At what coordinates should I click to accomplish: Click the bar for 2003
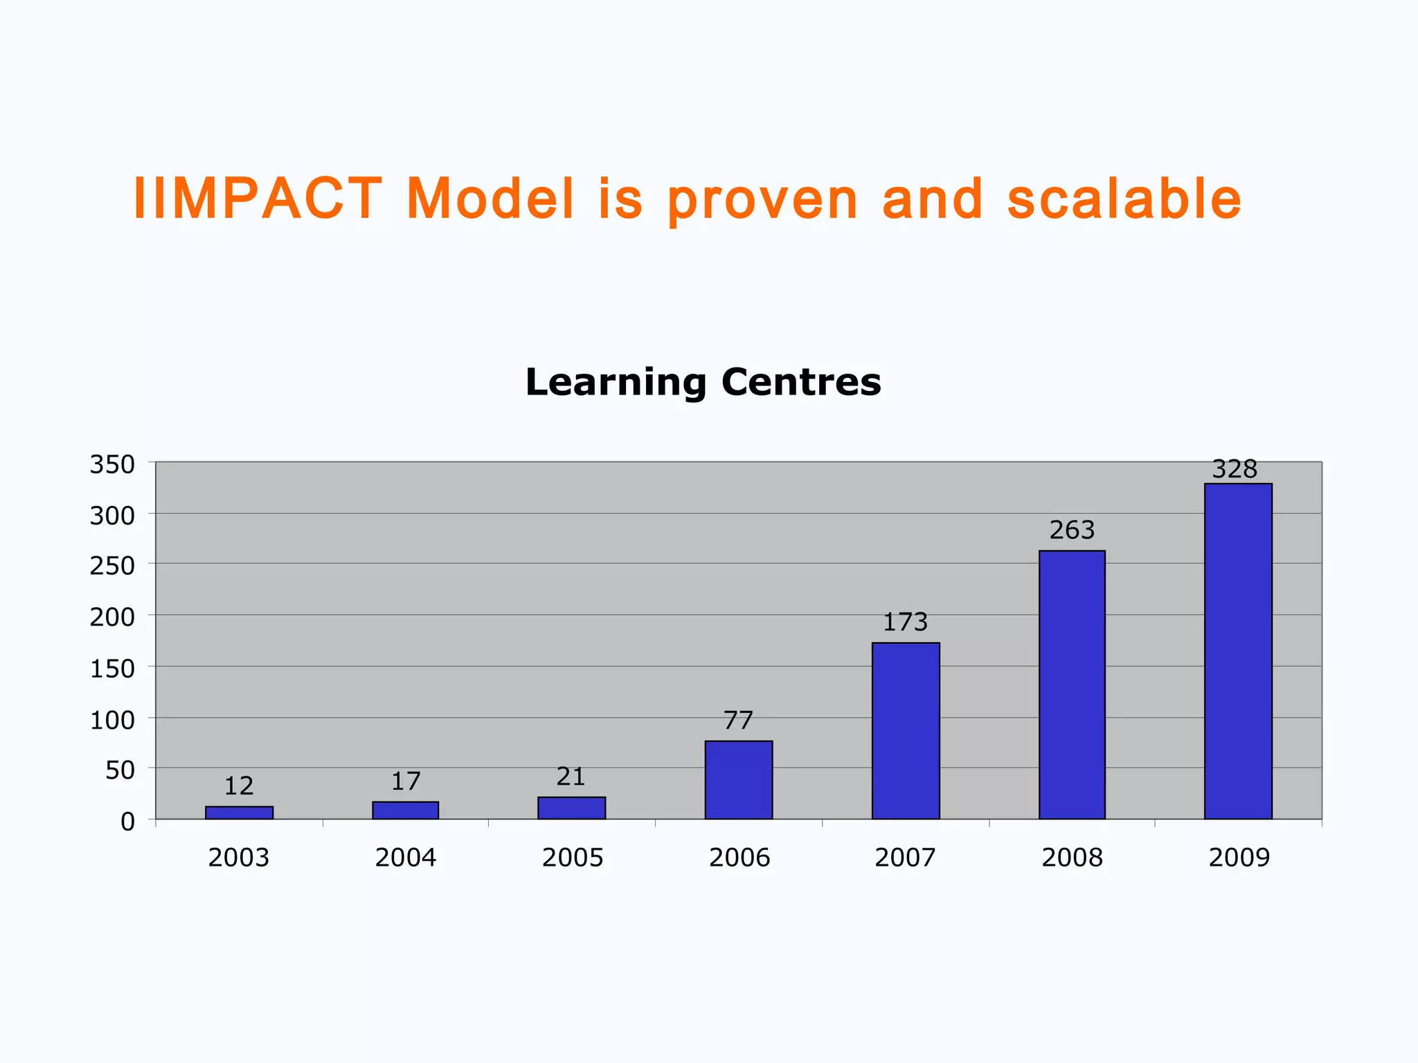(239, 812)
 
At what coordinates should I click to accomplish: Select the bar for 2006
(739, 780)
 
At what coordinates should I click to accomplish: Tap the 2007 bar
(906, 731)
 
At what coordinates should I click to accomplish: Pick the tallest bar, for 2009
(1238, 651)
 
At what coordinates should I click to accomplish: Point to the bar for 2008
(1072, 684)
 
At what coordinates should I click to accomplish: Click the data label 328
(1235, 469)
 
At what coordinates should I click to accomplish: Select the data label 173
(905, 622)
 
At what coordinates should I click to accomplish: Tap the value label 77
(738, 720)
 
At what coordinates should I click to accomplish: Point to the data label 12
(239, 785)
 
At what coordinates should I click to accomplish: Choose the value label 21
(571, 776)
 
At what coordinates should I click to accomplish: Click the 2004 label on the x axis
(406, 857)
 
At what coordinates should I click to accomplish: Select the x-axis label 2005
(573, 857)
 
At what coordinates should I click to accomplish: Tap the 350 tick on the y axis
(112, 464)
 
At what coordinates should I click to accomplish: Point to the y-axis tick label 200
(112, 617)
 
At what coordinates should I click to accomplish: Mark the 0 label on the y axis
(127, 821)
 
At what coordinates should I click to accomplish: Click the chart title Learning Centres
(703, 382)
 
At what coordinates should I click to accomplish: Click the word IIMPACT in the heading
(258, 199)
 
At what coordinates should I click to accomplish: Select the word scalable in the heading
(1124, 199)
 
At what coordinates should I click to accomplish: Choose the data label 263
(1072, 530)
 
